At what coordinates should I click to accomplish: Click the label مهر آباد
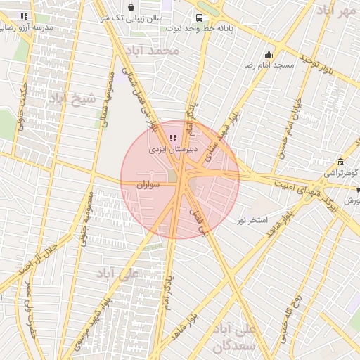(336, 11)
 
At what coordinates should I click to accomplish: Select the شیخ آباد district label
(72, 98)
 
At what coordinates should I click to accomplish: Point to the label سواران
(150, 184)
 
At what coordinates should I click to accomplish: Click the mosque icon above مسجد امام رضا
(269, 55)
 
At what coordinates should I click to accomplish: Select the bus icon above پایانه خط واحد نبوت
(200, 18)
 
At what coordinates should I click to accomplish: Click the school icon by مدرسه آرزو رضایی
(25, 15)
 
